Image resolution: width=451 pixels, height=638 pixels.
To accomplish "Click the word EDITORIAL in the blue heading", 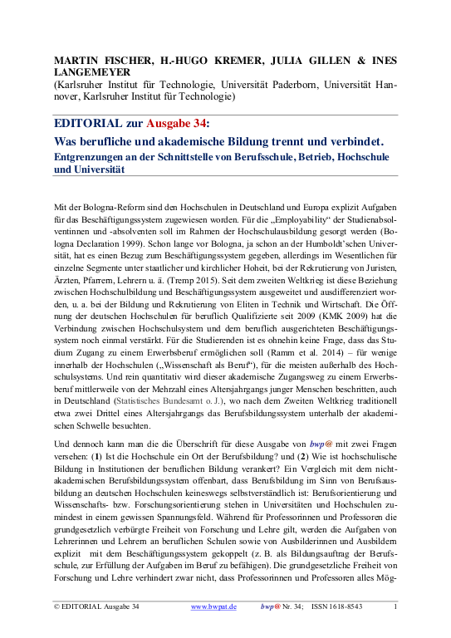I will pyautogui.click(x=86, y=123).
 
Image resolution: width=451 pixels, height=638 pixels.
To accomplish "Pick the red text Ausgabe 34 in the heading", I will pyautogui.click(x=172, y=123).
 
